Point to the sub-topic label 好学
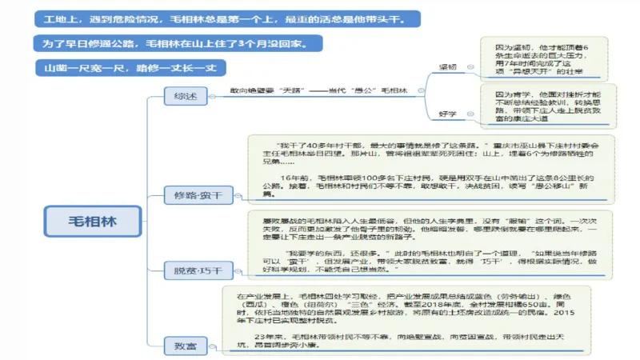click(448, 114)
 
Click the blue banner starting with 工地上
click(226, 18)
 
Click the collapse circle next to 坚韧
click(470, 68)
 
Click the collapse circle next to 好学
click(470, 115)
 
